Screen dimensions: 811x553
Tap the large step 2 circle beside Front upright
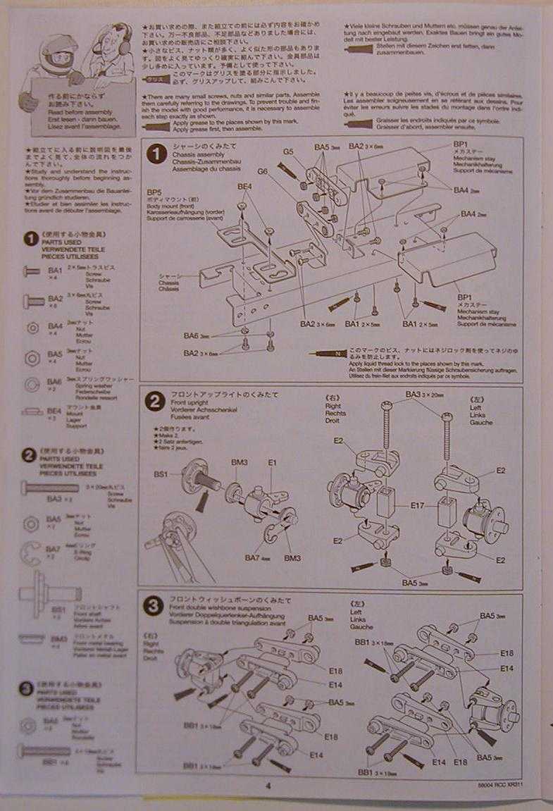click(x=155, y=402)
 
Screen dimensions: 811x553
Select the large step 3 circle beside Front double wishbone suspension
click(x=154, y=605)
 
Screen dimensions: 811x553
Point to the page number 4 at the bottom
click(x=268, y=787)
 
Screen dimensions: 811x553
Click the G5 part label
click(x=288, y=151)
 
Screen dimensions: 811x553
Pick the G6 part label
click(x=263, y=171)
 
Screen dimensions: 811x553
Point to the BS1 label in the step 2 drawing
click(x=161, y=474)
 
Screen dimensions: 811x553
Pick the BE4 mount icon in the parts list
click(x=32, y=411)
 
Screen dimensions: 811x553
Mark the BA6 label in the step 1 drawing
click(x=192, y=336)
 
